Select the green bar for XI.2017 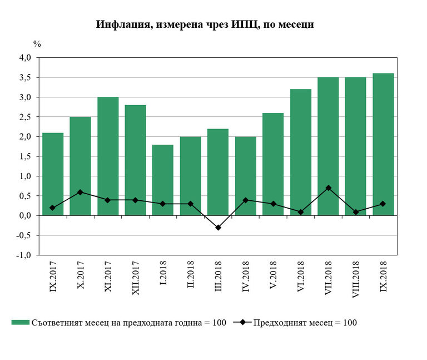pos(108,156)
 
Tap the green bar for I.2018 pos(163,180)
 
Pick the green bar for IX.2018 pos(383,144)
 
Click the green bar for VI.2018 pos(300,152)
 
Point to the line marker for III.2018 pos(218,228)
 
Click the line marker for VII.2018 pos(328,188)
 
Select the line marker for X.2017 pos(81,192)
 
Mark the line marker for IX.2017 pos(53,208)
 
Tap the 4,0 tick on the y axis pos(25,58)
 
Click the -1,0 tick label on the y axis pos(24,255)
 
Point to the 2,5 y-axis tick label pos(25,117)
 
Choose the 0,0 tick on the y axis pos(25,216)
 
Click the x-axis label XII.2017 pos(136,278)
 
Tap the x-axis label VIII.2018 pos(355,279)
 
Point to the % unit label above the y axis pos(37,43)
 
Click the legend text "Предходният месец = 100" pos(305,322)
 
